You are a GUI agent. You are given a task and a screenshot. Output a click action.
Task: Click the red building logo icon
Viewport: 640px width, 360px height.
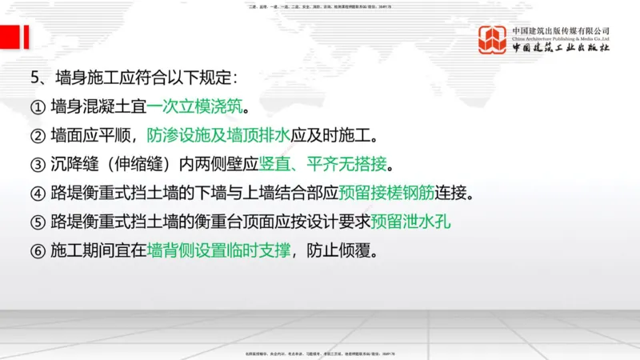[493, 40]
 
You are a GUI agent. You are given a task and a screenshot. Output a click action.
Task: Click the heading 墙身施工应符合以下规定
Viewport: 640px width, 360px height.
[147, 78]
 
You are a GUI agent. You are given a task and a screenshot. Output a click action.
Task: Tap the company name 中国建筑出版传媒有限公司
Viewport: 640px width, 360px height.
[560, 30]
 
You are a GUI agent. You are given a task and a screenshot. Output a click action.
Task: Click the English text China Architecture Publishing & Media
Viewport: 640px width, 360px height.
[560, 38]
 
